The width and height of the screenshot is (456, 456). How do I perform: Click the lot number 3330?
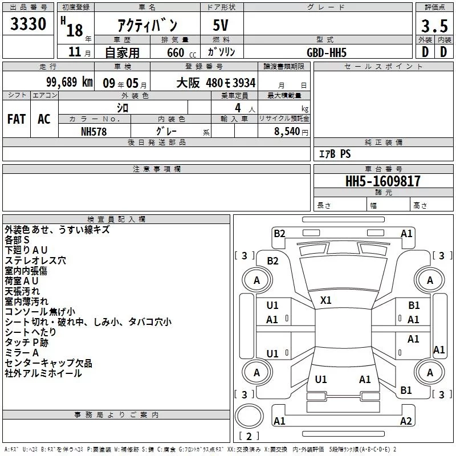point(28,25)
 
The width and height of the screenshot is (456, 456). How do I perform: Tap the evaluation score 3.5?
point(434,26)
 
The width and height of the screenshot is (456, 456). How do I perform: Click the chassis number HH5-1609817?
point(383,181)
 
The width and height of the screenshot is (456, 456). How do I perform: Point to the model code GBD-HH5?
point(326,52)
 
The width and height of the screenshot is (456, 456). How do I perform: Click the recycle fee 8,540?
point(287,131)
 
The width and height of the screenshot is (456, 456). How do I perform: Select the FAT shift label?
point(17,119)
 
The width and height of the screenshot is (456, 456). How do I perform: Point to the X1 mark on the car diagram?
point(326,300)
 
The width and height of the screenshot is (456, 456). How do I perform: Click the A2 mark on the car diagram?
point(406,421)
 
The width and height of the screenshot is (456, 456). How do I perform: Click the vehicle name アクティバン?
point(146,25)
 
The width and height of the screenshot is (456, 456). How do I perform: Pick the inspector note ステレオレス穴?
point(35,260)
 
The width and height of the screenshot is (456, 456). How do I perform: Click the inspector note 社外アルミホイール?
point(43,373)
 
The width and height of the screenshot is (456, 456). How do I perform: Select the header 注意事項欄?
point(157,169)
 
